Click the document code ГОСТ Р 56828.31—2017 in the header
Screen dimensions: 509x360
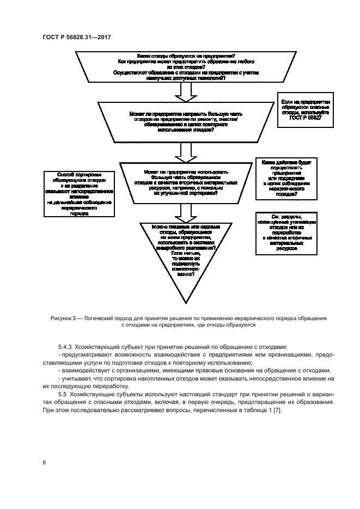click(x=80, y=37)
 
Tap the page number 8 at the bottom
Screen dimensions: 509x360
click(x=44, y=462)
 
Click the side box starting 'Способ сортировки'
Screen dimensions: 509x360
click(x=79, y=195)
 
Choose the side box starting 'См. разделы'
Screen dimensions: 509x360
click(x=286, y=233)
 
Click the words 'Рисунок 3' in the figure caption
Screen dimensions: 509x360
click(x=64, y=318)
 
